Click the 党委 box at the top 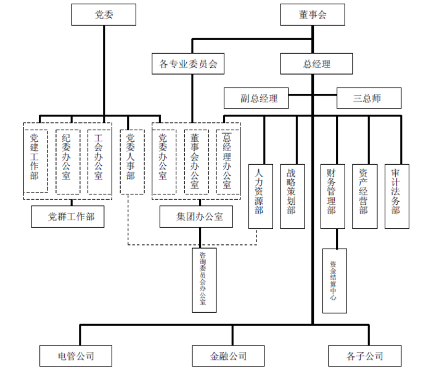(x=103, y=15)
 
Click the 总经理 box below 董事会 (x=316, y=64)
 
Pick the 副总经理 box (x=259, y=98)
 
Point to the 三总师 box (x=368, y=98)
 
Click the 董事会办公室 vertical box (x=195, y=162)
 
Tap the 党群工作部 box (x=67, y=217)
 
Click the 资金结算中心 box (x=334, y=280)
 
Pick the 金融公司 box (x=228, y=356)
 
